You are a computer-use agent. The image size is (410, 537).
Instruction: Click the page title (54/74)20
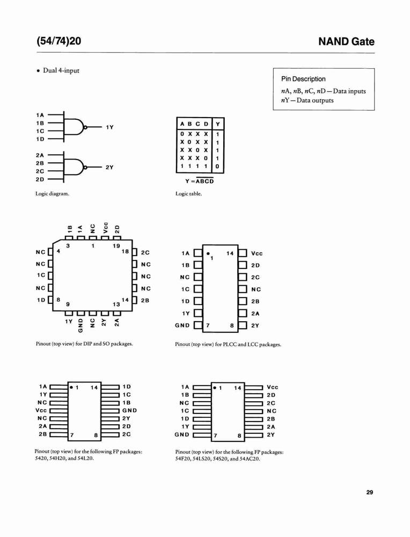coord(59,41)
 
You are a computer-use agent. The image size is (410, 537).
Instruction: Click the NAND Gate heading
coord(346,41)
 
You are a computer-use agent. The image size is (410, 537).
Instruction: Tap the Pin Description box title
coord(303,79)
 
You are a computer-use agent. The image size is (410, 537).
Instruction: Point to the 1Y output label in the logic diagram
coord(109,127)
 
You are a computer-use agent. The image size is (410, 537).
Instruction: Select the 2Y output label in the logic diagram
coord(109,167)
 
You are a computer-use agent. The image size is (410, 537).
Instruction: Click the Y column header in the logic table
coord(218,124)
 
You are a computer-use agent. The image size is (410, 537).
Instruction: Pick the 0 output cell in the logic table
coord(217,167)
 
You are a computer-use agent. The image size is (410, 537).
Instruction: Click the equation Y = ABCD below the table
coord(200,181)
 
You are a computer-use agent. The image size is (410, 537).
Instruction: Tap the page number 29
coord(370,492)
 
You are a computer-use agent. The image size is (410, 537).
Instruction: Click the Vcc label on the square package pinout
coord(106,228)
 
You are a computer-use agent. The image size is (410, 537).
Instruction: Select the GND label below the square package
coord(80,325)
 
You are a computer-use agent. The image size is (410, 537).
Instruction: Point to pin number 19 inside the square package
coord(116,245)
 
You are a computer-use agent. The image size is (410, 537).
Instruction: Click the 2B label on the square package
coord(145,300)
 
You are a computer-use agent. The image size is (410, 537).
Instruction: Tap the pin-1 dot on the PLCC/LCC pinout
coord(208,254)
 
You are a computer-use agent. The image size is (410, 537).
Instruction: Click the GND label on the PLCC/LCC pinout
coord(182,325)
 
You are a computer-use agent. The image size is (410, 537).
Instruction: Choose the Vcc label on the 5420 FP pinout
coord(41,410)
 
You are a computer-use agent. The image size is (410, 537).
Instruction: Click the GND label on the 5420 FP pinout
coord(130,410)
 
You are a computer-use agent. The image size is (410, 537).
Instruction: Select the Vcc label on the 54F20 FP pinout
coord(273,387)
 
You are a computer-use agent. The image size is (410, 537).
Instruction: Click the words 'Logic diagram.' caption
coord(52,194)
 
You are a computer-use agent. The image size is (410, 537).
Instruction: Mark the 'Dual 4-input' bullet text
coord(61,70)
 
